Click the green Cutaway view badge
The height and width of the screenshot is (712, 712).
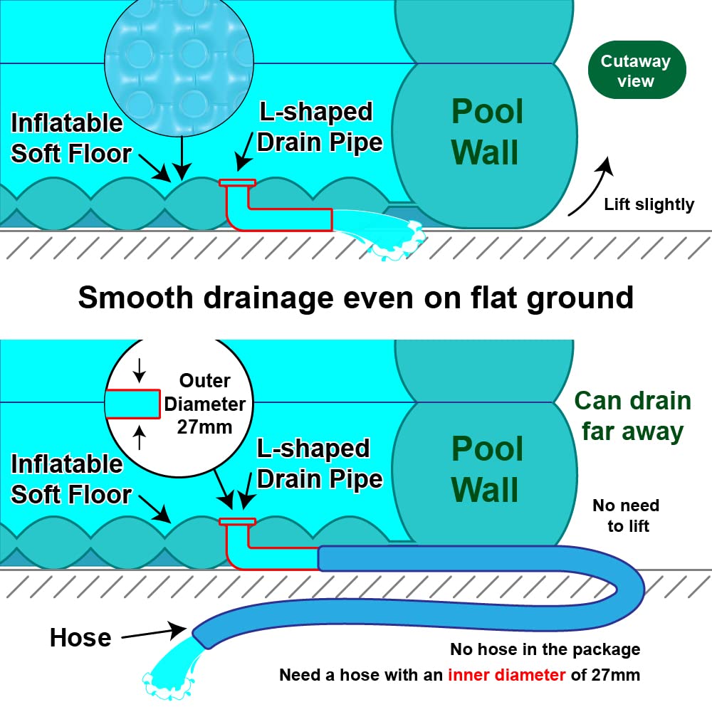[x=636, y=70]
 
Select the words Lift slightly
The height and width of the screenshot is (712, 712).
[x=649, y=205]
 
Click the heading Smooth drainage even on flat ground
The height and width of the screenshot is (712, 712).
[x=355, y=296]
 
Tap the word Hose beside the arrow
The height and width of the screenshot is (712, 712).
[x=80, y=637]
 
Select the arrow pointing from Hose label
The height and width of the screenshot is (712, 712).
[x=152, y=631]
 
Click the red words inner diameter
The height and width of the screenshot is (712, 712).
[x=506, y=674]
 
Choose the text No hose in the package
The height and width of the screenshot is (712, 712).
[x=545, y=649]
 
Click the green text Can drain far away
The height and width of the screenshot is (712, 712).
[x=632, y=416]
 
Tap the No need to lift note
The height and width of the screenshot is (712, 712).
[x=626, y=515]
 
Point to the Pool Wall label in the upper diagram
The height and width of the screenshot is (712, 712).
[x=488, y=132]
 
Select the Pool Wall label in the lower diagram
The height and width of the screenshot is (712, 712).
[x=488, y=470]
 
